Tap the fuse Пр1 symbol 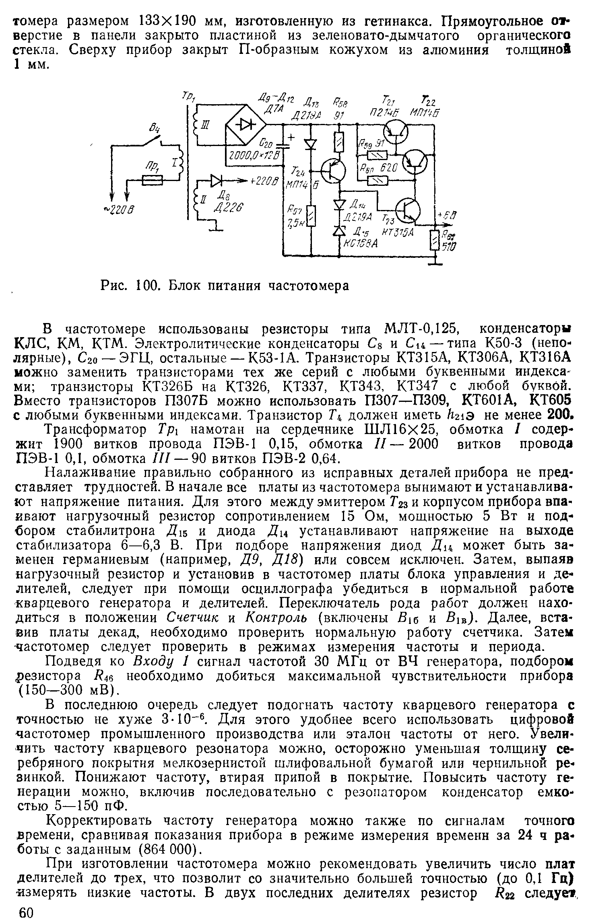point(153,181)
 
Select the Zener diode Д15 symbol point(340,230)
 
